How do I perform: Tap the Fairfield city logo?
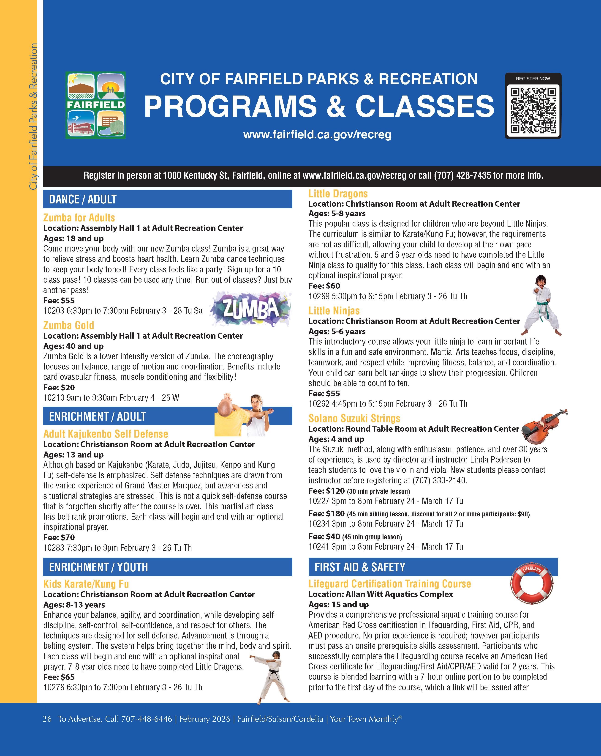(x=95, y=105)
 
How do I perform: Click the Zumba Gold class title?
(x=69, y=325)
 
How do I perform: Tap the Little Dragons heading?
(x=338, y=194)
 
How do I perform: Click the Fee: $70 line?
(x=59, y=537)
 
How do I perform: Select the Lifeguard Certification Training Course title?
(x=389, y=583)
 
